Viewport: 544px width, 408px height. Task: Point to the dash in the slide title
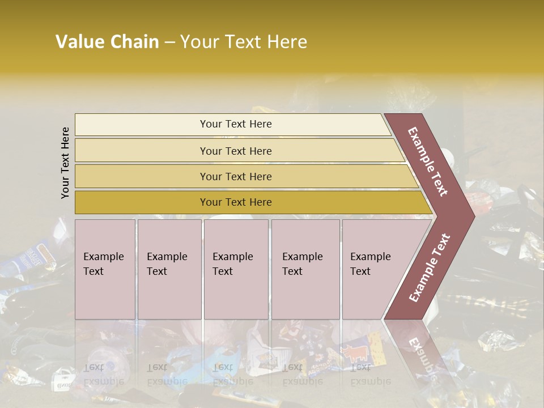[169, 42]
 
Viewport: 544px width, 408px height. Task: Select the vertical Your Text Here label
[65, 163]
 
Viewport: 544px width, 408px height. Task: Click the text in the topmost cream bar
[236, 124]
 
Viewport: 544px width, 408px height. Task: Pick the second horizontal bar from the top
[236, 151]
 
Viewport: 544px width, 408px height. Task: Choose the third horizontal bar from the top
[236, 176]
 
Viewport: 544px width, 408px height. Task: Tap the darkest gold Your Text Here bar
[236, 202]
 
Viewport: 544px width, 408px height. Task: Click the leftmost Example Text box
[105, 269]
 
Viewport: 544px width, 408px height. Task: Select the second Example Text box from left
[169, 269]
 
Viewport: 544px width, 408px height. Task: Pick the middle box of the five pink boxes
[236, 269]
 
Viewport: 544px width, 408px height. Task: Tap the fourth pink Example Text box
[305, 269]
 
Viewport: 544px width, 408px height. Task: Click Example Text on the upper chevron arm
[428, 161]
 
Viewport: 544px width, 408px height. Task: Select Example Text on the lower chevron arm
[429, 268]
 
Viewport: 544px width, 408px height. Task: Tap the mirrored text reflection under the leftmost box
[104, 374]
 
